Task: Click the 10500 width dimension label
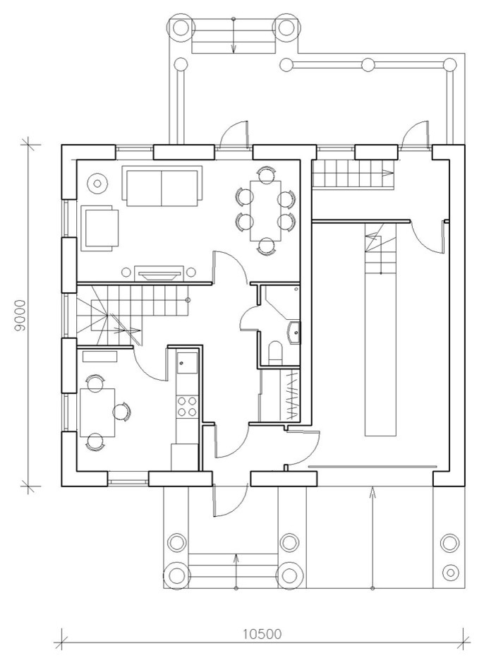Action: click(262, 634)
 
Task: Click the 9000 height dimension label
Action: click(20, 316)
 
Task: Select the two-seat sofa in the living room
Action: click(162, 186)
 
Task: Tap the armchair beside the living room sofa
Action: click(99, 228)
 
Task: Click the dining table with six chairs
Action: click(265, 210)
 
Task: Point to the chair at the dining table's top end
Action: click(266, 174)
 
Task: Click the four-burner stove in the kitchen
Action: click(187, 406)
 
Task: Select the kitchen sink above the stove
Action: click(187, 363)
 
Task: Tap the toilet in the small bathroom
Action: click(274, 351)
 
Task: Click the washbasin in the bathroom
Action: click(294, 332)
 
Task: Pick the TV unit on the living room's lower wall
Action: click(159, 273)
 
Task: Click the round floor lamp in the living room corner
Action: click(97, 183)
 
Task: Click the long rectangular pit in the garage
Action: click(380, 328)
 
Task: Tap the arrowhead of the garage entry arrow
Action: click(372, 491)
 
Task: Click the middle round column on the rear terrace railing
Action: click(368, 65)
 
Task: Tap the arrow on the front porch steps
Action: click(236, 571)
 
